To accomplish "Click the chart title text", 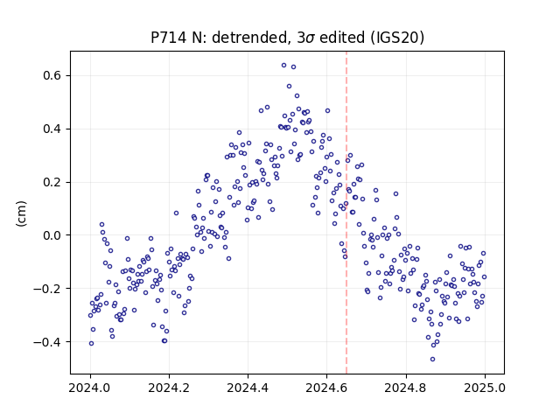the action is (x=288, y=37).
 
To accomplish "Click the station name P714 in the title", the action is (x=168, y=37).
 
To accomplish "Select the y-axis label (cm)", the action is (x=21, y=213).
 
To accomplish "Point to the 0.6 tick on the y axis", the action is (x=52, y=76).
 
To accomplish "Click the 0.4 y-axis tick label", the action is (x=52, y=129).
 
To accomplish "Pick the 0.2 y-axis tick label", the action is (x=52, y=182).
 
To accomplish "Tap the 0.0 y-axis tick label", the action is (x=52, y=235).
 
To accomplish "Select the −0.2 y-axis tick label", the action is (x=47, y=289).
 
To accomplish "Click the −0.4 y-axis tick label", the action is (x=47, y=342).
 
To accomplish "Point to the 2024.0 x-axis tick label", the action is (x=90, y=388).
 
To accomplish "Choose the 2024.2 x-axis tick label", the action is (x=169, y=388).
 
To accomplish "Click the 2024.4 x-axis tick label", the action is (x=248, y=388).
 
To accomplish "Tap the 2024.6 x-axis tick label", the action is (x=326, y=388).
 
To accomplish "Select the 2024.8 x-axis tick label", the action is (x=406, y=388).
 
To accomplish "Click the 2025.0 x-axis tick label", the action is (x=485, y=388).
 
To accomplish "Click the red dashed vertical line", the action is (x=346, y=213).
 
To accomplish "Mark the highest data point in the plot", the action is (x=283, y=66).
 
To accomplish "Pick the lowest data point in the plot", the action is (x=433, y=360).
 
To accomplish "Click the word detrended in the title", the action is (x=249, y=37).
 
